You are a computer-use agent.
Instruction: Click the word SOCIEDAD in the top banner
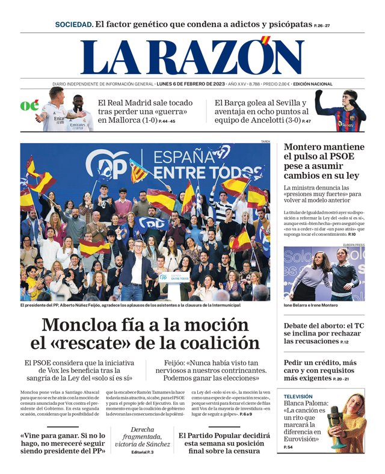click(x=74, y=25)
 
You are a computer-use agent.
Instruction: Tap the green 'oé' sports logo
click(x=29, y=106)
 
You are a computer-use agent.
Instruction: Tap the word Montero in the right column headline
click(x=306, y=147)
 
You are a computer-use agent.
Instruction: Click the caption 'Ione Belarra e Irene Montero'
click(x=311, y=306)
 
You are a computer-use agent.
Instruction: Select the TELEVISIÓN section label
click(x=298, y=397)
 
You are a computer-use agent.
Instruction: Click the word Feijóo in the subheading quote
click(x=179, y=363)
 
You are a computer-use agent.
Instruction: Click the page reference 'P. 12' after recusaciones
click(x=344, y=342)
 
